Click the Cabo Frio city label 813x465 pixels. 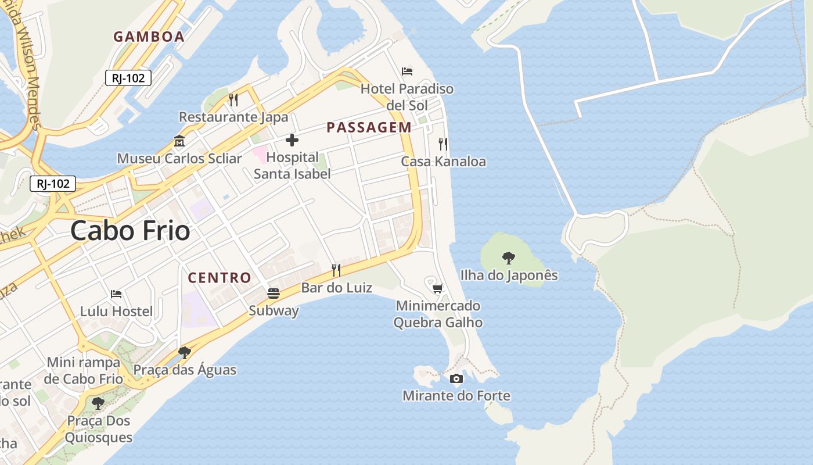130,231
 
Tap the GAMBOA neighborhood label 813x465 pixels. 149,37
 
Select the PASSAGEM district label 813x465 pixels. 369,127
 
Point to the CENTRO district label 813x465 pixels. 220,278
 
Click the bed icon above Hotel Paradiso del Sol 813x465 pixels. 407,71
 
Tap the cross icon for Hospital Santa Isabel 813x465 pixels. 292,140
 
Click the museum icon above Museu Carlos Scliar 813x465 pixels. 179,141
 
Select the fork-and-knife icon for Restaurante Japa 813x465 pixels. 233,100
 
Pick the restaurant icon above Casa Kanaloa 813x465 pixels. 443,144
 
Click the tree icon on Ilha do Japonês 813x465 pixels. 509,258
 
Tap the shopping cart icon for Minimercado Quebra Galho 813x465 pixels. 438,288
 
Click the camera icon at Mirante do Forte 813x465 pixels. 456,379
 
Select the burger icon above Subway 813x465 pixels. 274,294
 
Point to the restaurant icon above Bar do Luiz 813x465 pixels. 336,270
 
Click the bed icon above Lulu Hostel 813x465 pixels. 116,294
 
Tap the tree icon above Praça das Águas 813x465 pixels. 185,353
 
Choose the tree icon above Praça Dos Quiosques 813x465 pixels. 98,403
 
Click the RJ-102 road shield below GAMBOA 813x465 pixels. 128,78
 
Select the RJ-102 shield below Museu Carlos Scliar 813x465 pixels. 53,184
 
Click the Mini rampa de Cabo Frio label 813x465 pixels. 84,370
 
